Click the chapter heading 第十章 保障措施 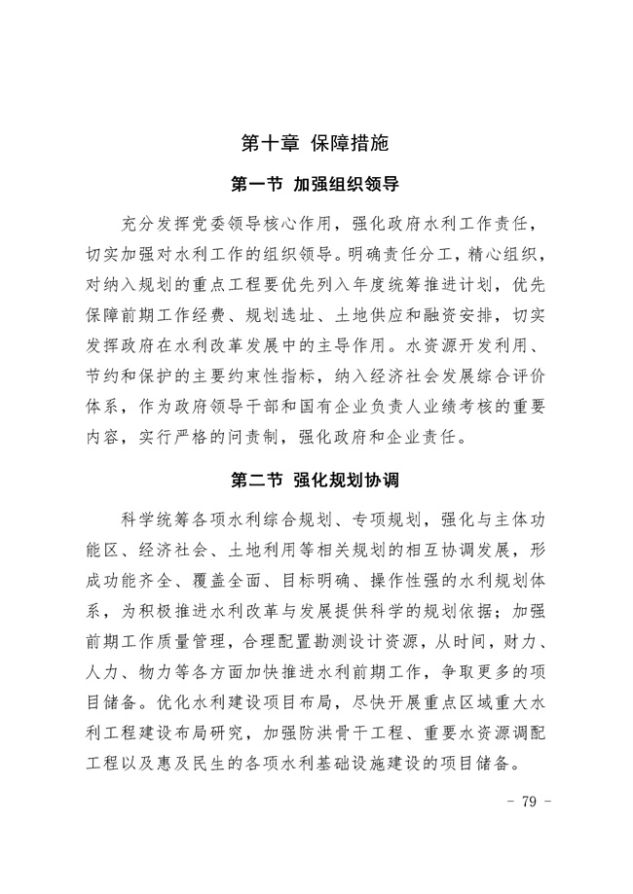tap(316, 143)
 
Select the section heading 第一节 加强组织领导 tap(316, 183)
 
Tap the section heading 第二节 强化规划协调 tap(316, 480)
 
